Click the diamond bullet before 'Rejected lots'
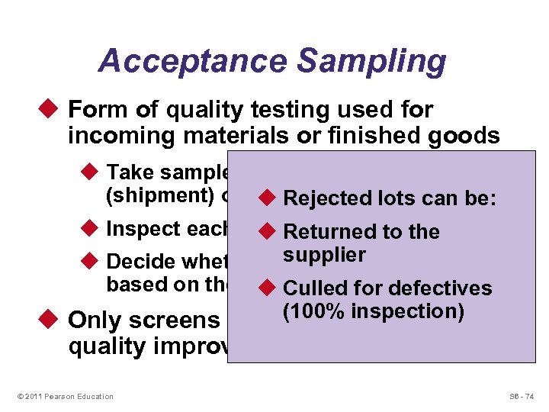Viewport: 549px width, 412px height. (269, 198)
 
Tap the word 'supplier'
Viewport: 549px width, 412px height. (324, 255)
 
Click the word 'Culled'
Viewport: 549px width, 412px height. (316, 288)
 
